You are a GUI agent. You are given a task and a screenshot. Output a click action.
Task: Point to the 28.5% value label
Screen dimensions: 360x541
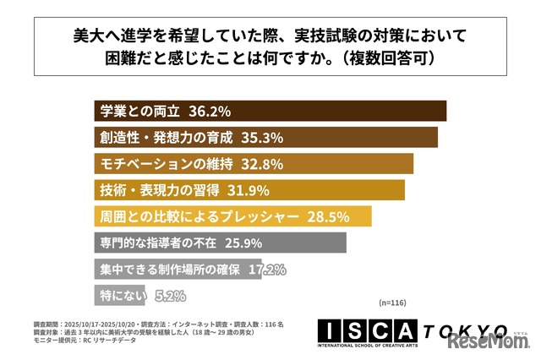click(325, 216)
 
